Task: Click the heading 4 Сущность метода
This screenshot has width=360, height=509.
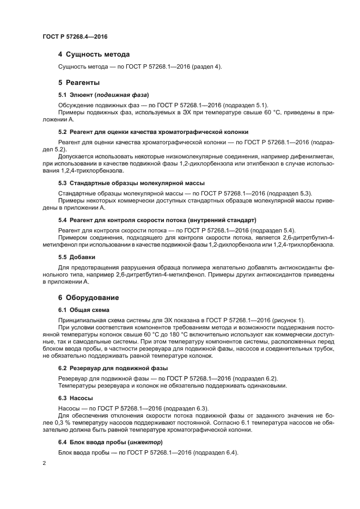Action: click(94, 54)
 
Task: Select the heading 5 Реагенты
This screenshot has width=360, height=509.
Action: click(78, 83)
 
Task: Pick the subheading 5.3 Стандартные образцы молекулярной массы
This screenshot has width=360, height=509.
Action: click(131, 183)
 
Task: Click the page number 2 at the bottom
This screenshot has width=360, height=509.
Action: click(44, 463)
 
